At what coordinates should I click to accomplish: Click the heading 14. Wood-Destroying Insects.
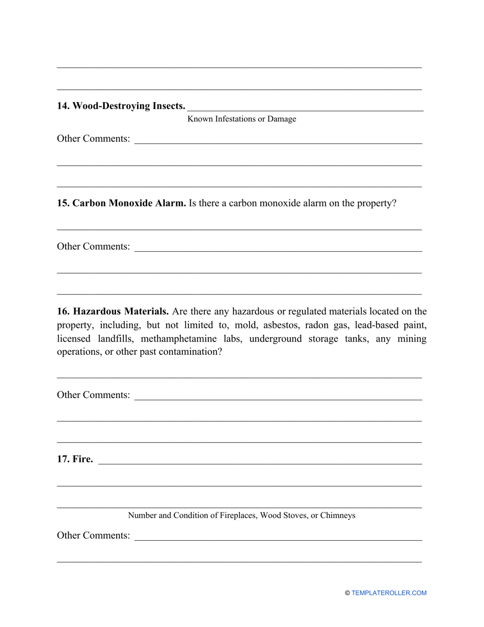click(121, 106)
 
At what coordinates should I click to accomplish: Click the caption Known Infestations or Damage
click(241, 119)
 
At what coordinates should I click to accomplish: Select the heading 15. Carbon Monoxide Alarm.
click(121, 203)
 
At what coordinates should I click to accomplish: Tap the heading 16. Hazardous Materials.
click(113, 311)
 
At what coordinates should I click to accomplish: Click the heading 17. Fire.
click(75, 459)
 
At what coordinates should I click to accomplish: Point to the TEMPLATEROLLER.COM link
click(389, 593)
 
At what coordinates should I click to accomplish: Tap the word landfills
click(116, 339)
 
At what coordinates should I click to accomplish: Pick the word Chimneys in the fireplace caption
click(337, 516)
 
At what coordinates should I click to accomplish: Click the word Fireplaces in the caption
click(238, 516)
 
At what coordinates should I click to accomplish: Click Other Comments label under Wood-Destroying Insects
click(93, 139)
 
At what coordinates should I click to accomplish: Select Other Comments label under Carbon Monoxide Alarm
click(93, 247)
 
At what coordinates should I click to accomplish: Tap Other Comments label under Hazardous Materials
click(93, 395)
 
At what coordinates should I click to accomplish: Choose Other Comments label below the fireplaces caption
click(93, 536)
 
